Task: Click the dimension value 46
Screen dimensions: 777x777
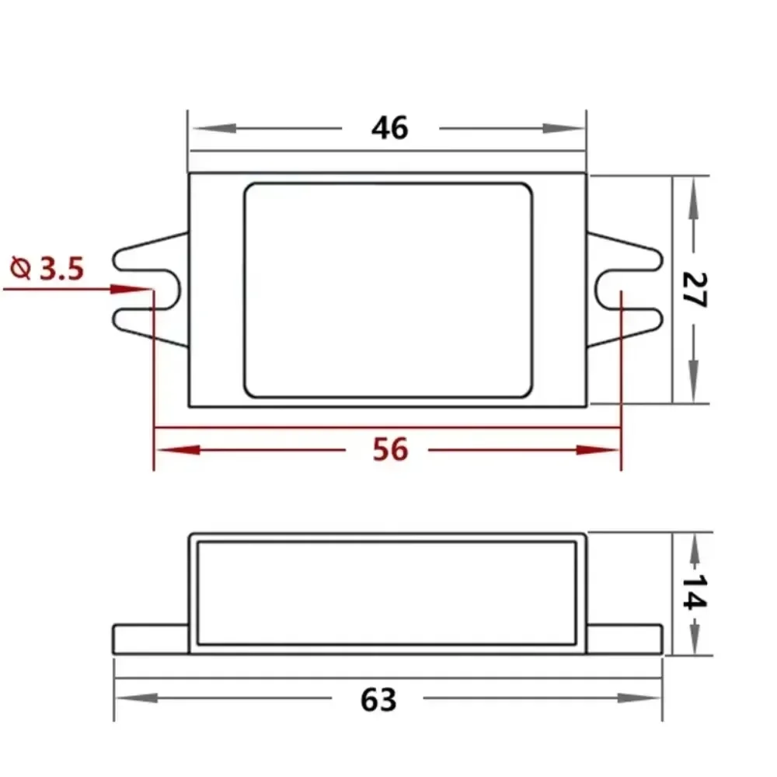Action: (x=389, y=127)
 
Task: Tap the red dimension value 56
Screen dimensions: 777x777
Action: (x=390, y=449)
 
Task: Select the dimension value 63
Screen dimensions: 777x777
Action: (x=378, y=699)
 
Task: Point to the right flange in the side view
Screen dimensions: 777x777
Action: (x=625, y=639)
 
